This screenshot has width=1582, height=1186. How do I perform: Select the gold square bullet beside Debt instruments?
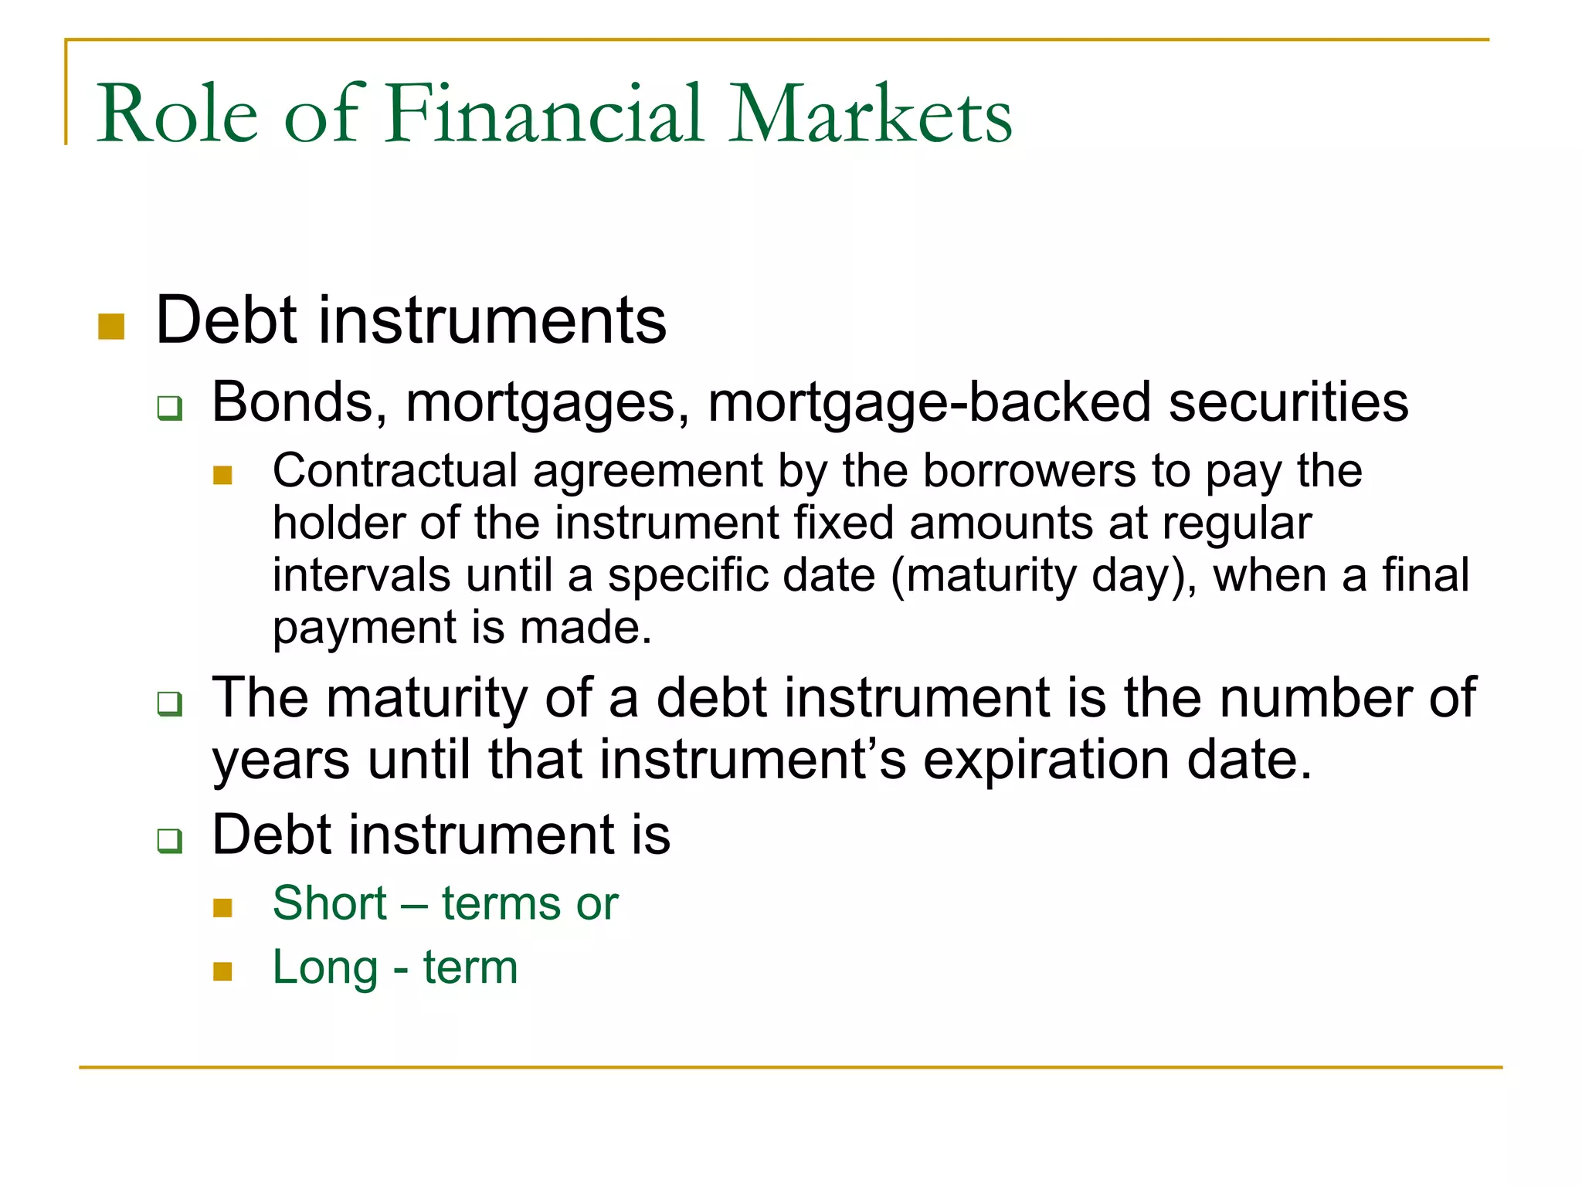coord(112,327)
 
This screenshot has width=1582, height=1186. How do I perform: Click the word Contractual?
coord(395,471)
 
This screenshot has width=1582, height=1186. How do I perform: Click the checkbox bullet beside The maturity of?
coord(170,703)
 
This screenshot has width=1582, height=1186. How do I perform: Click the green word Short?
coord(330,903)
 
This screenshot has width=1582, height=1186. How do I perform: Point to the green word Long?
coord(325,967)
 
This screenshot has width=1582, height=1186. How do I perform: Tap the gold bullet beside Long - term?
coord(222,971)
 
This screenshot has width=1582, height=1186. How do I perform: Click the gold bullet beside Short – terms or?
coord(222,907)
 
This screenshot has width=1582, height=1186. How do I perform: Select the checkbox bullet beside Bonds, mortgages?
coord(170,407)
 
